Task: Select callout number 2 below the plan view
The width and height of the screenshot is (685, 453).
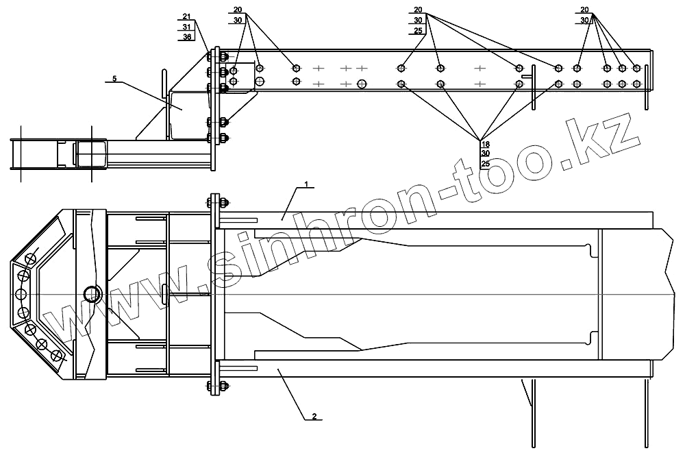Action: click(x=313, y=415)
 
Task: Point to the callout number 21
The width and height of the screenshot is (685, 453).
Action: click(x=187, y=16)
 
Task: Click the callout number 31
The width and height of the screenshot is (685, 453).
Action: click(x=187, y=26)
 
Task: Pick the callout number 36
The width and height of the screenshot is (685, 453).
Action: click(x=187, y=36)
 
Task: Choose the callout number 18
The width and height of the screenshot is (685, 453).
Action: click(x=486, y=145)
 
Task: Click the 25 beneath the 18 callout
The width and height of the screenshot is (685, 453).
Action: click(x=486, y=164)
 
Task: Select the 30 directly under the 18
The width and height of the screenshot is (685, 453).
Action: click(x=486, y=154)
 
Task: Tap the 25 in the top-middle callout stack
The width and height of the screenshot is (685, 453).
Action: click(x=417, y=31)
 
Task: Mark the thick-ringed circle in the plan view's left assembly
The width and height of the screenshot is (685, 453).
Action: click(x=92, y=295)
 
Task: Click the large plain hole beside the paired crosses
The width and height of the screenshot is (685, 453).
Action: click(x=361, y=84)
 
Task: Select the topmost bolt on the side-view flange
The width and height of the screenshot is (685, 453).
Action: click(x=224, y=58)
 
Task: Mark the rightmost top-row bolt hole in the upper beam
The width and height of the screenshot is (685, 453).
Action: click(x=636, y=68)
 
